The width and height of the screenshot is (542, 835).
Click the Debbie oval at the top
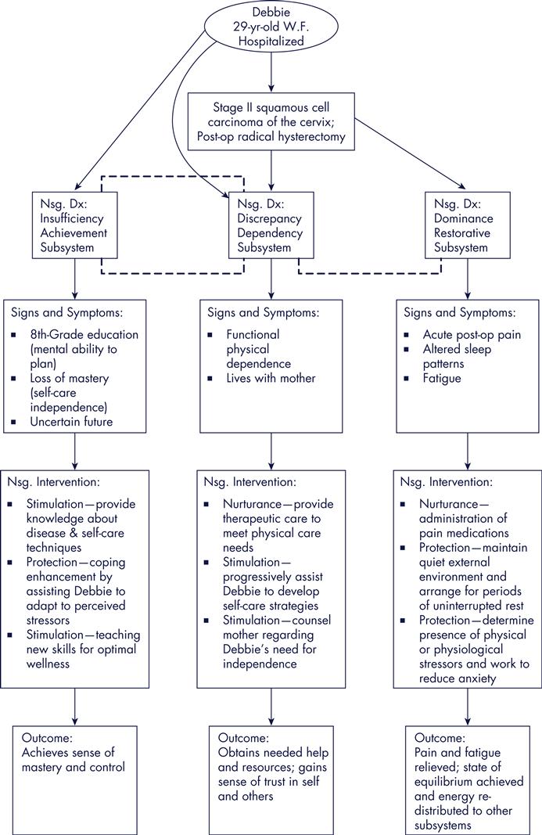coord(271,28)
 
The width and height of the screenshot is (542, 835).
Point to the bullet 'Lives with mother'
coord(260,379)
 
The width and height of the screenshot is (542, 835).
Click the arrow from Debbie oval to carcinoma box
coord(271,75)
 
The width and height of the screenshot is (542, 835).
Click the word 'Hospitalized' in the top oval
coord(271,41)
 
